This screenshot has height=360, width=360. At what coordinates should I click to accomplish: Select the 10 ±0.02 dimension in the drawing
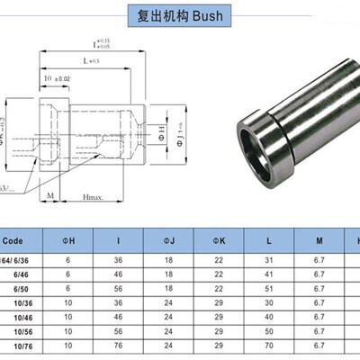coord(57,79)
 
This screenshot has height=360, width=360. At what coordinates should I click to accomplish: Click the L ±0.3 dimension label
coord(91,59)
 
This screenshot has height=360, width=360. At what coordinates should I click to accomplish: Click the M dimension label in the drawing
coord(50,195)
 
